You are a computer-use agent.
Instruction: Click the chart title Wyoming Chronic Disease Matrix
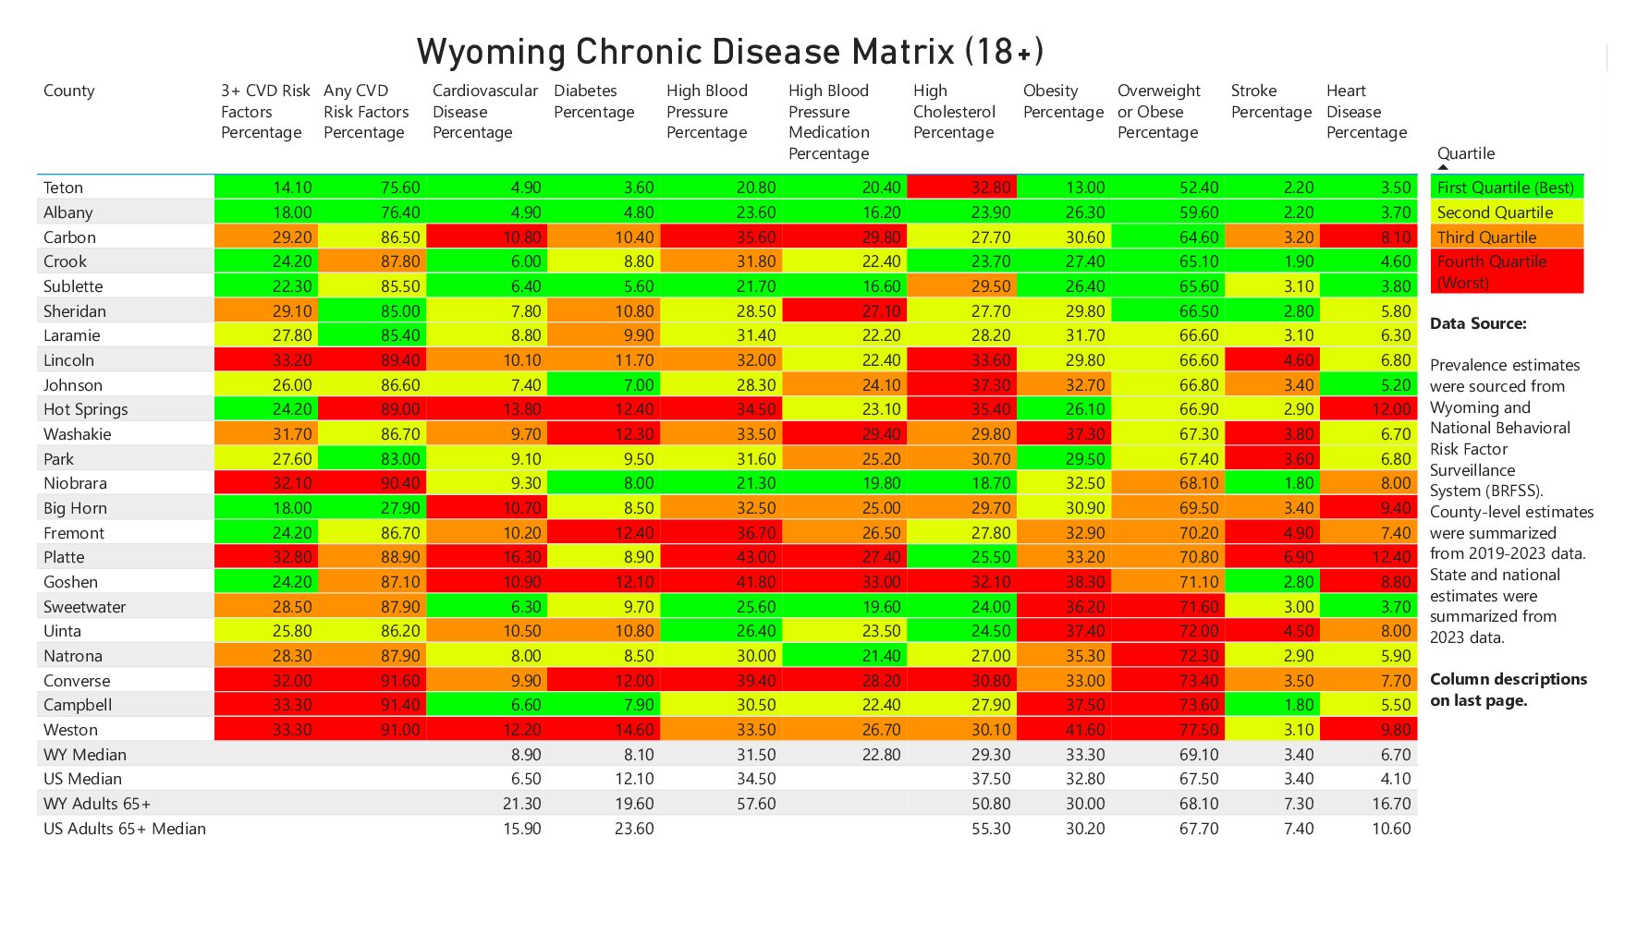click(x=729, y=52)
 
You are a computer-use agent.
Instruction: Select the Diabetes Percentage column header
click(x=593, y=102)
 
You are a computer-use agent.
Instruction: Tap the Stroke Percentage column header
click(x=1270, y=102)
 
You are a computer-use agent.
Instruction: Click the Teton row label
click(x=63, y=188)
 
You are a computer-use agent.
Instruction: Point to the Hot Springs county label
click(x=85, y=409)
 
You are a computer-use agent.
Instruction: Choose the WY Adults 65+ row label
click(x=96, y=804)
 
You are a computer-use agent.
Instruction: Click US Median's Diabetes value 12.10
click(x=633, y=779)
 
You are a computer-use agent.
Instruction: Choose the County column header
click(x=68, y=91)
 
